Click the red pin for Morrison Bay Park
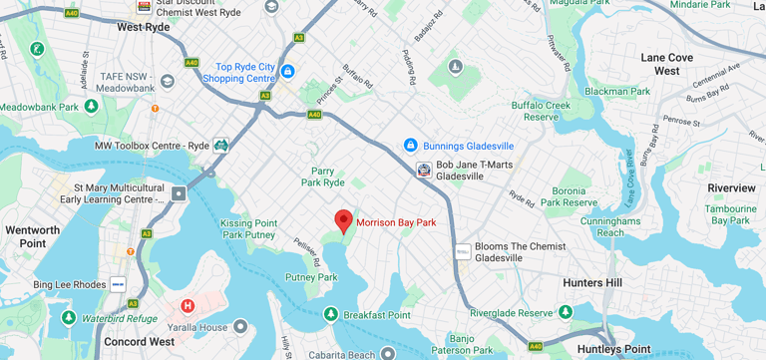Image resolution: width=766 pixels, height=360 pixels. coord(344,220)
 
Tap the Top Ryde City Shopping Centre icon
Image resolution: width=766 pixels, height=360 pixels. coord(287,71)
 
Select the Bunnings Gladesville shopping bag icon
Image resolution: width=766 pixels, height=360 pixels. coord(410,146)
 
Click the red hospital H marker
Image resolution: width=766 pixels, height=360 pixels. coord(187,306)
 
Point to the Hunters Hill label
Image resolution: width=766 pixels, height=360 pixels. coord(591,283)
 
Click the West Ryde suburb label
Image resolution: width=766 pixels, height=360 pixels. coord(144,27)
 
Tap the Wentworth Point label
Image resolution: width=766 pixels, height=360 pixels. coord(32,236)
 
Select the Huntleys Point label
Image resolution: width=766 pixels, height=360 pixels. coord(613,349)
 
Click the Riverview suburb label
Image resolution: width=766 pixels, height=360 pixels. coord(731,188)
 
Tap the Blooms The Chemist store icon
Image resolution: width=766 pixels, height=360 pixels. coord(463,251)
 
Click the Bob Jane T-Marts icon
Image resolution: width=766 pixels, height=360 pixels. coord(424,170)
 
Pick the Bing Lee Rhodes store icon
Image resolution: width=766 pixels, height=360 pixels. coord(118,285)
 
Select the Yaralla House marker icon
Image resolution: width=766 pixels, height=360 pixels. coord(239,326)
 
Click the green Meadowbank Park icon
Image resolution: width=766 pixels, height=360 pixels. coord(91,107)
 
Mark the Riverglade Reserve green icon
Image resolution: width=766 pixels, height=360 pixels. coord(566,312)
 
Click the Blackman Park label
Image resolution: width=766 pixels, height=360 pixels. coord(617,91)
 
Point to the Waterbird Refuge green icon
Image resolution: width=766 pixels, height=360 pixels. coord(68,318)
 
